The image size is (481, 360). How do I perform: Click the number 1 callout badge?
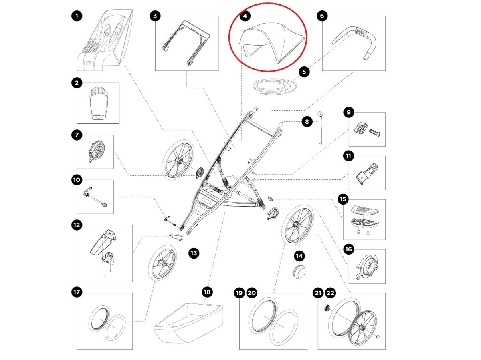pyautogui.click(x=77, y=16)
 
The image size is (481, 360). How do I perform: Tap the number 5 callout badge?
pyautogui.click(x=304, y=72)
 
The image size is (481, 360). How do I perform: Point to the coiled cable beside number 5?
pyautogui.click(x=273, y=86)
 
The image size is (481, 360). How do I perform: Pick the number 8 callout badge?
pyautogui.click(x=307, y=121)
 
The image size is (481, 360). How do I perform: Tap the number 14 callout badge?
pyautogui.click(x=299, y=255)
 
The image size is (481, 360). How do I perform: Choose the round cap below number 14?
pyautogui.click(x=299, y=271)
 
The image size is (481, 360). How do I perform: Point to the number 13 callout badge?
pyautogui.click(x=194, y=253)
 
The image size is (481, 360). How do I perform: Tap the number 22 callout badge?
pyautogui.click(x=330, y=293)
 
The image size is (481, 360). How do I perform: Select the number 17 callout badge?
pyautogui.click(x=77, y=293)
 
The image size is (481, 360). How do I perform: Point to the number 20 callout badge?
pyautogui.click(x=252, y=293)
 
